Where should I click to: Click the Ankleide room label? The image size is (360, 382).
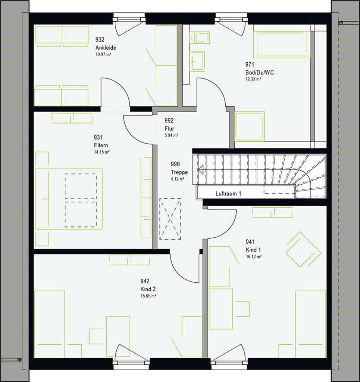pos(106,48)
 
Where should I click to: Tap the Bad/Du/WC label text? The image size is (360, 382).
pos(259,72)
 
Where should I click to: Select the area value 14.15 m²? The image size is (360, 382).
pos(101,152)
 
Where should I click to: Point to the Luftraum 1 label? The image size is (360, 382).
pos(228,194)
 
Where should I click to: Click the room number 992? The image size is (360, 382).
pos(169,120)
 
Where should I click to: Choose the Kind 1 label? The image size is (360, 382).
pos(253,250)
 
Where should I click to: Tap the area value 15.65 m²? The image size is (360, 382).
pos(148,296)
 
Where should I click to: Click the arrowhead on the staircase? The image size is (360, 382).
pos(200,170)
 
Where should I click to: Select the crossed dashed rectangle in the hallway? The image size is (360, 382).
pos(170,219)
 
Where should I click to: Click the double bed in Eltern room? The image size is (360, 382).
pos(69,199)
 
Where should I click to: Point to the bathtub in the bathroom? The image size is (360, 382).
pos(282,44)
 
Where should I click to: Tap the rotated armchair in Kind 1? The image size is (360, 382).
pos(303,249)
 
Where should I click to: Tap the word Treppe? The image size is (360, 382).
pos(179,172)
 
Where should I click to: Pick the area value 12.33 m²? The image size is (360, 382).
pos(253,79)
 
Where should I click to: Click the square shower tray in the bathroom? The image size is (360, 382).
pos(250,126)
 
